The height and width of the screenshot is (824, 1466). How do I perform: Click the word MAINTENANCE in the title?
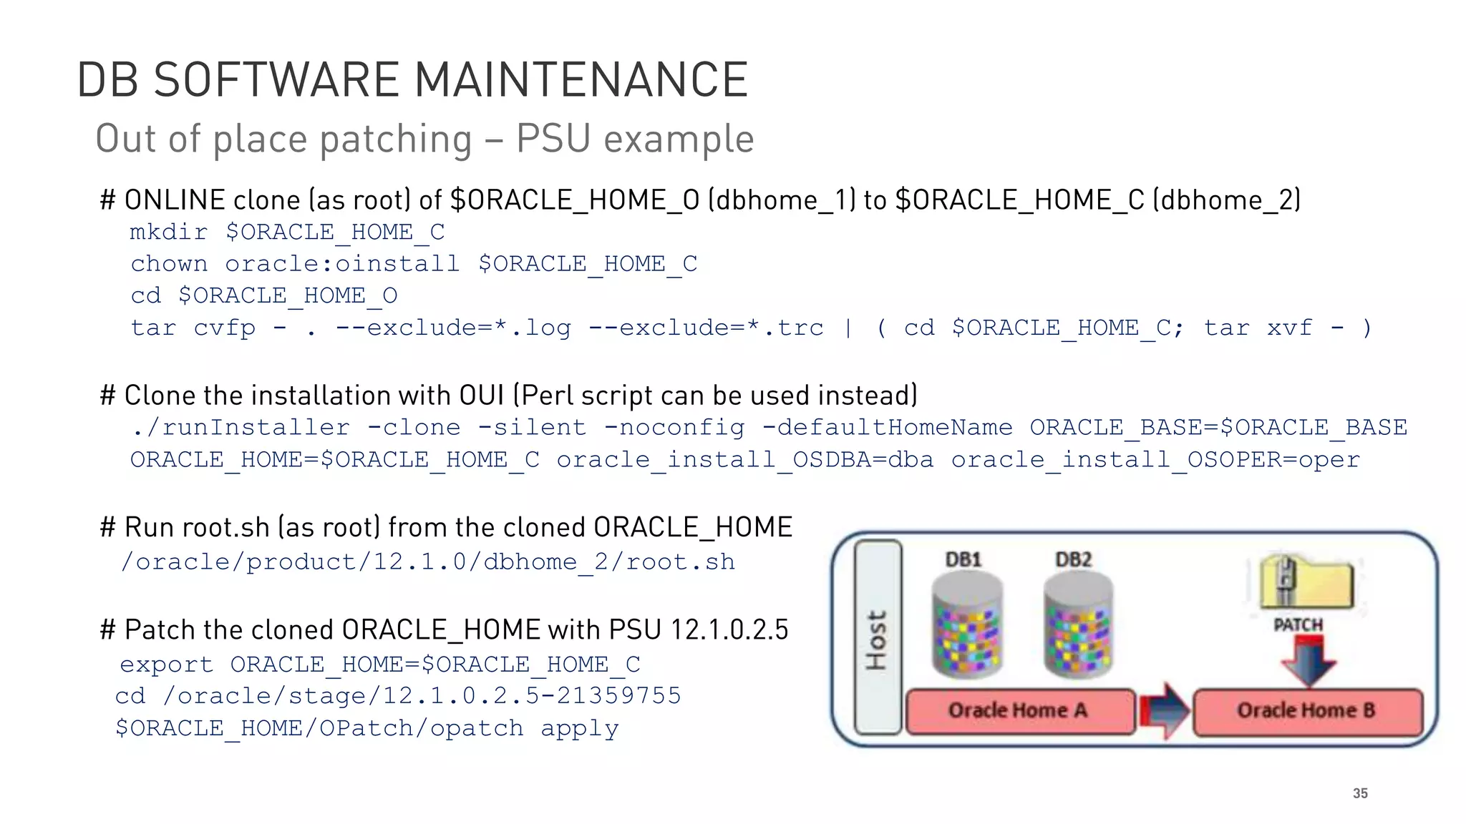coord(581,79)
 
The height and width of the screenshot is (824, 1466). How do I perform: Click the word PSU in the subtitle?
coord(554,139)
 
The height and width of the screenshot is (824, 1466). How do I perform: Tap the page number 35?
coord(1360,793)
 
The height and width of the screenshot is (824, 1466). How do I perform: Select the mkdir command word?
coord(169,232)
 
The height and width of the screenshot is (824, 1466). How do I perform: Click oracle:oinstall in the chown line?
coord(342,264)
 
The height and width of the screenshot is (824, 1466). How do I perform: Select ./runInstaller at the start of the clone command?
coord(241,428)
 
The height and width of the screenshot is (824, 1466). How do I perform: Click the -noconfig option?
coord(674,428)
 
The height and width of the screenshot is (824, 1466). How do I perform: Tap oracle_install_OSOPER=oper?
coord(1155,459)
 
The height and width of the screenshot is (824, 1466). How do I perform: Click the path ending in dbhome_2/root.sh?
coord(428,562)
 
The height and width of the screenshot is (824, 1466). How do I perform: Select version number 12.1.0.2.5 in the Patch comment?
coord(729,630)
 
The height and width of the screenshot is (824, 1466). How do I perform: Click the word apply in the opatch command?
coord(579,728)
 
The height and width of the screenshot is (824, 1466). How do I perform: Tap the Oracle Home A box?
coord(1019,711)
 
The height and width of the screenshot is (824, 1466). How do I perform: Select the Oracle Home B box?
coord(1307,711)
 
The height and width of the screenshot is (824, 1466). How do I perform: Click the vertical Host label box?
coord(878,637)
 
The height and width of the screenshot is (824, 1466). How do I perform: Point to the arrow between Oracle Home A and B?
coord(1164,711)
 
